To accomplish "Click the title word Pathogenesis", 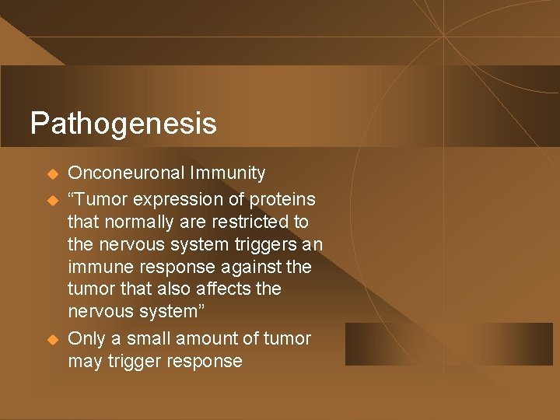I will click(x=123, y=124).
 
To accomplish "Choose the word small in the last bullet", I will click(x=147, y=338).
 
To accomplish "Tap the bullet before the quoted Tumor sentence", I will click(x=52, y=199).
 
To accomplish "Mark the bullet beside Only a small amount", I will click(x=52, y=339).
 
